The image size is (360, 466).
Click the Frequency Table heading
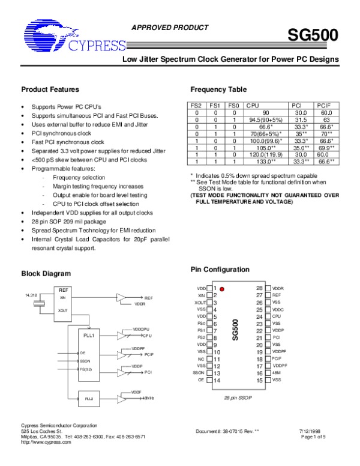[218, 89]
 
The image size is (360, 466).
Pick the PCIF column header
[326, 105]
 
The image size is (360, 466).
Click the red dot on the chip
[222, 289]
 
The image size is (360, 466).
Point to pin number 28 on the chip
[259, 288]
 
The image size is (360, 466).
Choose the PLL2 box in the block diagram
[89, 398]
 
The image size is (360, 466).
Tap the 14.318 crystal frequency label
[31, 295]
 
